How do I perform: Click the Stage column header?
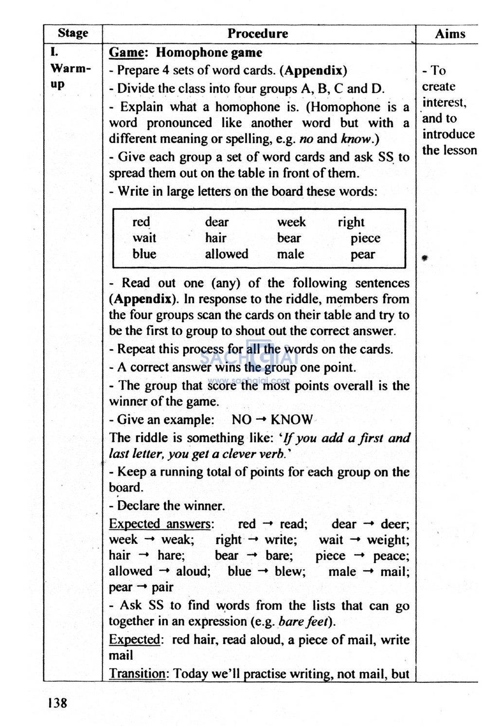coord(73,33)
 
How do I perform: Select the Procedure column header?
coord(258,34)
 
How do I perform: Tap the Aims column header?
coord(450,34)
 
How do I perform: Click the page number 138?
coord(57,702)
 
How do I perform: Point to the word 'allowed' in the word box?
coord(226,254)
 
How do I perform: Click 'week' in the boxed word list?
coord(291,222)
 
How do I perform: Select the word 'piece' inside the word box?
coord(365,238)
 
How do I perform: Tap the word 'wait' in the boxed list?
coord(144,238)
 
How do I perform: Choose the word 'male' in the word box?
coord(290,254)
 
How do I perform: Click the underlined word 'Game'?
coord(126,52)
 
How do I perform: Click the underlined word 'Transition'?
coord(137,674)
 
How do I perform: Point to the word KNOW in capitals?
coord(291,420)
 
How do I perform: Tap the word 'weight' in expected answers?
coord(387,540)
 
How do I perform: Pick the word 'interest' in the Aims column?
coord(444,102)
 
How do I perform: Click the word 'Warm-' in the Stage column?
coord(71,68)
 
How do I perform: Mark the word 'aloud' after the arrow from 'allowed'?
coord(192,571)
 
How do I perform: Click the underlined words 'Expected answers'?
coord(160,524)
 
